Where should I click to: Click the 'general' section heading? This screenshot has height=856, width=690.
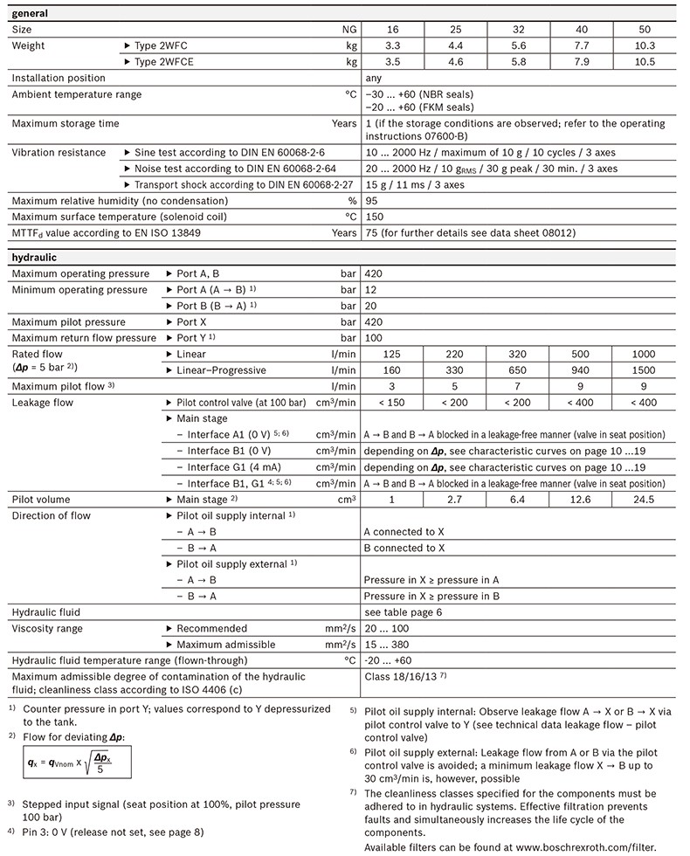click(x=31, y=14)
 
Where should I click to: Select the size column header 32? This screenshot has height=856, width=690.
click(x=517, y=30)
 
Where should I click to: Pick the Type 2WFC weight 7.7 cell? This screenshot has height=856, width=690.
click(x=581, y=45)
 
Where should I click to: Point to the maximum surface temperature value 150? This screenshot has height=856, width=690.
click(x=374, y=217)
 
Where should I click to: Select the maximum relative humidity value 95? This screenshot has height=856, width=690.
click(x=371, y=201)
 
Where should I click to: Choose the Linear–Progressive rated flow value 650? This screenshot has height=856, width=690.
click(x=517, y=370)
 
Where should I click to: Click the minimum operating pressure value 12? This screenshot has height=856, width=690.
click(x=371, y=290)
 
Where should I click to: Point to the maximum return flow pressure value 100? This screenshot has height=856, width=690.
click(x=374, y=338)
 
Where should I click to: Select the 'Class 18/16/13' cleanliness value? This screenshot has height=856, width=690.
click(x=404, y=677)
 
